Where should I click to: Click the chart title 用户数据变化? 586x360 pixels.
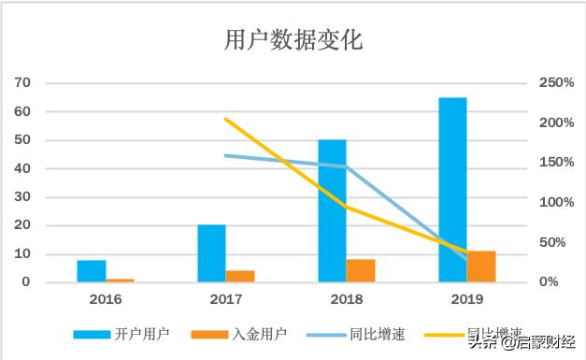pyautogui.click(x=293, y=41)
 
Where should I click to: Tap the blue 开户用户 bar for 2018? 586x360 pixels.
pyautogui.click(x=332, y=210)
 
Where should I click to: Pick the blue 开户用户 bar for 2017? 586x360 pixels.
pyautogui.click(x=211, y=252)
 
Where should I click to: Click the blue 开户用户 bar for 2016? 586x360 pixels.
pyautogui.click(x=91, y=270)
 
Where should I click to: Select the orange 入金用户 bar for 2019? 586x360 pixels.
pyautogui.click(x=481, y=266)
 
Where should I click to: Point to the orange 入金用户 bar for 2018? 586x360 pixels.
pyautogui.click(x=361, y=270)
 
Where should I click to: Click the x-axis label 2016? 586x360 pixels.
pyautogui.click(x=106, y=299)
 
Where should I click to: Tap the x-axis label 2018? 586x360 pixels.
pyautogui.click(x=347, y=299)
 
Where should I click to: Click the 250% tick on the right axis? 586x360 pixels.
pyautogui.click(x=557, y=83)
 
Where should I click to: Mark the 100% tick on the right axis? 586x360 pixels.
pyautogui.click(x=557, y=203)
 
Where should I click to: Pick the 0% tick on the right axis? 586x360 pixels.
pyautogui.click(x=551, y=282)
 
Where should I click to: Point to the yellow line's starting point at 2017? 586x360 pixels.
pyautogui.click(x=225, y=119)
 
